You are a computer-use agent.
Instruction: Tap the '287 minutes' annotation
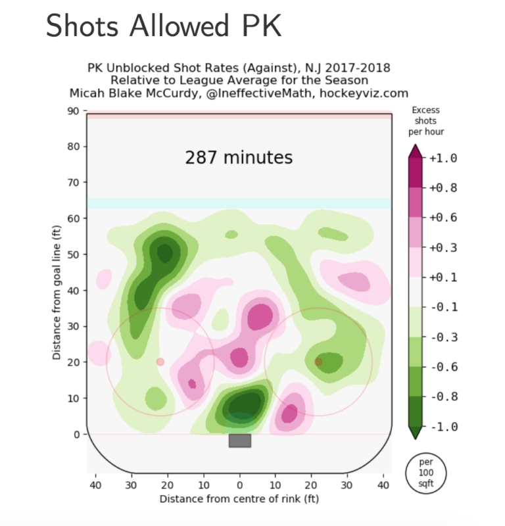coord(239,158)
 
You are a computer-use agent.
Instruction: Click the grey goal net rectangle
coord(239,441)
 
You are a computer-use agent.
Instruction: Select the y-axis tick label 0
coord(78,434)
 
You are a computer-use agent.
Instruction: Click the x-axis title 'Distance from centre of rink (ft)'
coord(239,499)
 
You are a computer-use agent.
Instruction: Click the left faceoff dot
coord(160,362)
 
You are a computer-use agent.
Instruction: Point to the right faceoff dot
coord(318,362)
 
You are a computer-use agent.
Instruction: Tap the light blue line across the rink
coord(239,203)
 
